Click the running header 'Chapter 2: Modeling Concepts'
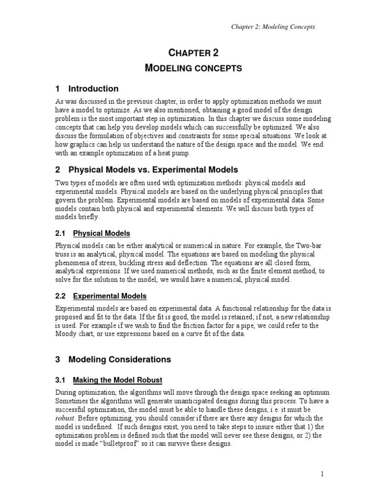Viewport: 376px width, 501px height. [x=273, y=26]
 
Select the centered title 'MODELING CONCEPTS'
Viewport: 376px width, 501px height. [x=194, y=68]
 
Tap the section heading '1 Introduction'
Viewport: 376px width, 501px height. [x=87, y=89]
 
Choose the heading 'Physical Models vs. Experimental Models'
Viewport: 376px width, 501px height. [x=153, y=170]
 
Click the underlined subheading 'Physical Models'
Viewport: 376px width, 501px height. [x=101, y=233]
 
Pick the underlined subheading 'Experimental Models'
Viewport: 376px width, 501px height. [x=110, y=296]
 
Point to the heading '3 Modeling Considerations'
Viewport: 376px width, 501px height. [x=113, y=360]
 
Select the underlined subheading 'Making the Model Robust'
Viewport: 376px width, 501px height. [x=117, y=380]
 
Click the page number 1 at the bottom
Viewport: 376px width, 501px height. [x=323, y=474]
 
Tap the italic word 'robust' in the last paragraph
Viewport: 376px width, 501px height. [x=65, y=418]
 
